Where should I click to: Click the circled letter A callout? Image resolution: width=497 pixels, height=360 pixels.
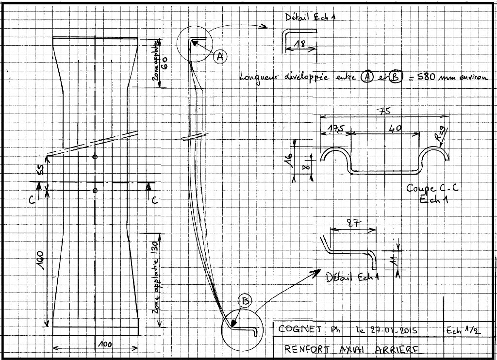219,57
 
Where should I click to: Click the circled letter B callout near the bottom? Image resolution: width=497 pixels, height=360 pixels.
246,301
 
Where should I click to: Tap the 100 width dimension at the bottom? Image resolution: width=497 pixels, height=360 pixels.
103,344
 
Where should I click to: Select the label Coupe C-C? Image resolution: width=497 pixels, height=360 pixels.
432,188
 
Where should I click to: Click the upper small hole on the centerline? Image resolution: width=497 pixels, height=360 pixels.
95,157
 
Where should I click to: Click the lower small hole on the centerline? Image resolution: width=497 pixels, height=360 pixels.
95,189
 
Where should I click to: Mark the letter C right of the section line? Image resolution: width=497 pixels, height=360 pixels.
155,199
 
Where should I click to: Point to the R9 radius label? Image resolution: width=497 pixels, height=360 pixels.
442,131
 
